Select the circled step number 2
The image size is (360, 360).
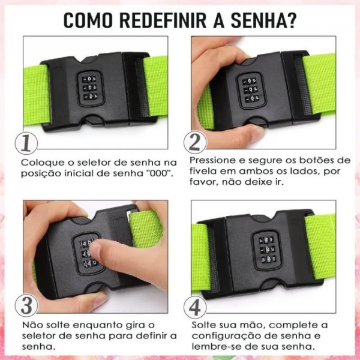point(195,142)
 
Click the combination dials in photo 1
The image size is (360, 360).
point(89,88)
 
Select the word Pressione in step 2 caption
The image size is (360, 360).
point(211,160)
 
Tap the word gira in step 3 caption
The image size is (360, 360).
point(138,325)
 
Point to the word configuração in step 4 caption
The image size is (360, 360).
point(222,336)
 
